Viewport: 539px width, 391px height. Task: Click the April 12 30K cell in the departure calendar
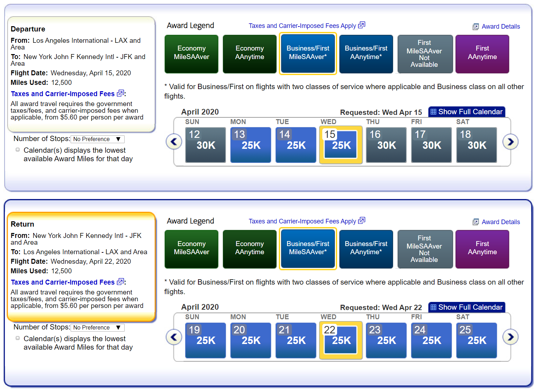[x=205, y=145]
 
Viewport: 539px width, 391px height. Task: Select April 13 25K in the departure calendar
[x=251, y=145]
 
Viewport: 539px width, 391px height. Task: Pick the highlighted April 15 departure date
[x=341, y=145]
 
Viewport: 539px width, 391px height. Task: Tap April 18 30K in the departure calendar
[x=477, y=145]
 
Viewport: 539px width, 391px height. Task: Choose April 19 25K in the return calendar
[x=205, y=340]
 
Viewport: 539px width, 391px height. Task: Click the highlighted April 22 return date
[x=341, y=340]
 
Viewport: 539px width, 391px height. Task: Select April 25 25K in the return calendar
[x=477, y=340]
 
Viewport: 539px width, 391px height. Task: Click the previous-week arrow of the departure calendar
[x=174, y=141]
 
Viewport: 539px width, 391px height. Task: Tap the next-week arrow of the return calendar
[x=510, y=337]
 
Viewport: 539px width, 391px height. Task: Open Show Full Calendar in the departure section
[x=467, y=112]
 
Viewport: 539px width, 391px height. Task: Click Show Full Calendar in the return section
[x=467, y=307]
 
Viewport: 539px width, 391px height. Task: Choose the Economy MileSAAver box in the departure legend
[x=192, y=54]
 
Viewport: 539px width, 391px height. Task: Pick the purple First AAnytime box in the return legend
[x=482, y=249]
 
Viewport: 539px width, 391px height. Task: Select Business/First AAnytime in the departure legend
[x=366, y=54]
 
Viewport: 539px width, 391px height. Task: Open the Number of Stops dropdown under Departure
[x=97, y=139]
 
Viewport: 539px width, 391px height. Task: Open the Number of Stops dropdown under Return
[x=97, y=327]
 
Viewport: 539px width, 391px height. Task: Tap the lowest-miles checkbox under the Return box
[x=18, y=338]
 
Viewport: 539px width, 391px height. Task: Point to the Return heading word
[x=22, y=224]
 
